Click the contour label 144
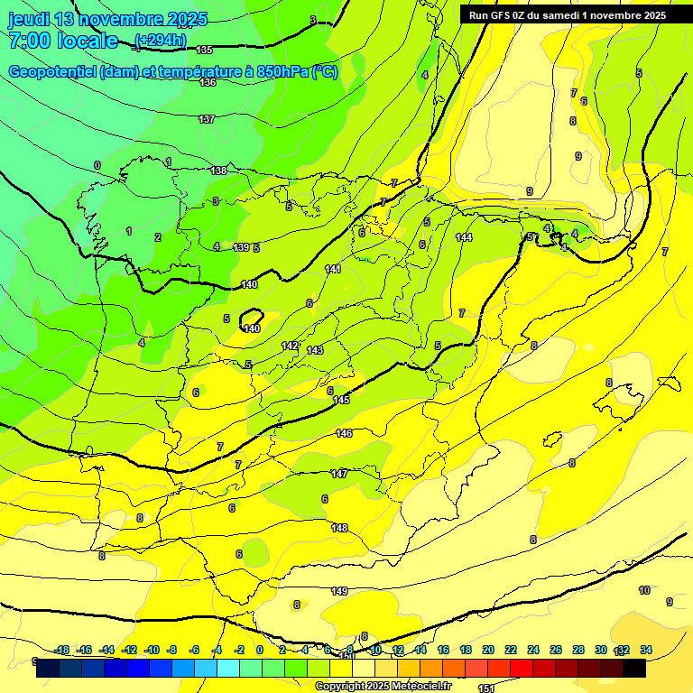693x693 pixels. coord(464,237)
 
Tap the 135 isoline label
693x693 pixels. coord(205,50)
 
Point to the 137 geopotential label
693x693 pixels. coord(207,119)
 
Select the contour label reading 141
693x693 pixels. coord(333,269)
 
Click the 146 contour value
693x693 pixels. coord(344,434)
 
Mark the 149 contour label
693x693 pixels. coord(339,591)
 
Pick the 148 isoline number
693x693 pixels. coord(339,528)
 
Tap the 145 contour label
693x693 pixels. coord(341,400)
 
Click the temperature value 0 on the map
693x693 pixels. coord(97,165)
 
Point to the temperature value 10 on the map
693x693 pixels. coord(644,590)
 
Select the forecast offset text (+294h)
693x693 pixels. coord(160,40)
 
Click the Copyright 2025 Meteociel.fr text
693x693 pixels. coord(383,687)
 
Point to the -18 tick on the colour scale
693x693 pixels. coord(61,650)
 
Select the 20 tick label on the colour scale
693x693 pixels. coord(487,650)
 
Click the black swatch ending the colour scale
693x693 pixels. coord(634,669)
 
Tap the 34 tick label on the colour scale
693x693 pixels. coord(646,650)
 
